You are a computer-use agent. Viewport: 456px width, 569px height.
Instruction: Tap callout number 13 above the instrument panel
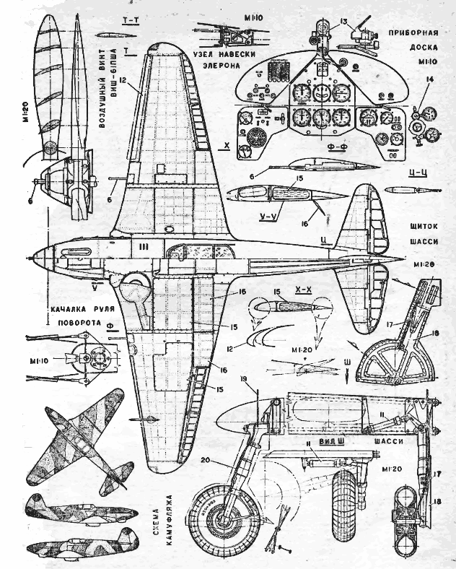tap(323, 20)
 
